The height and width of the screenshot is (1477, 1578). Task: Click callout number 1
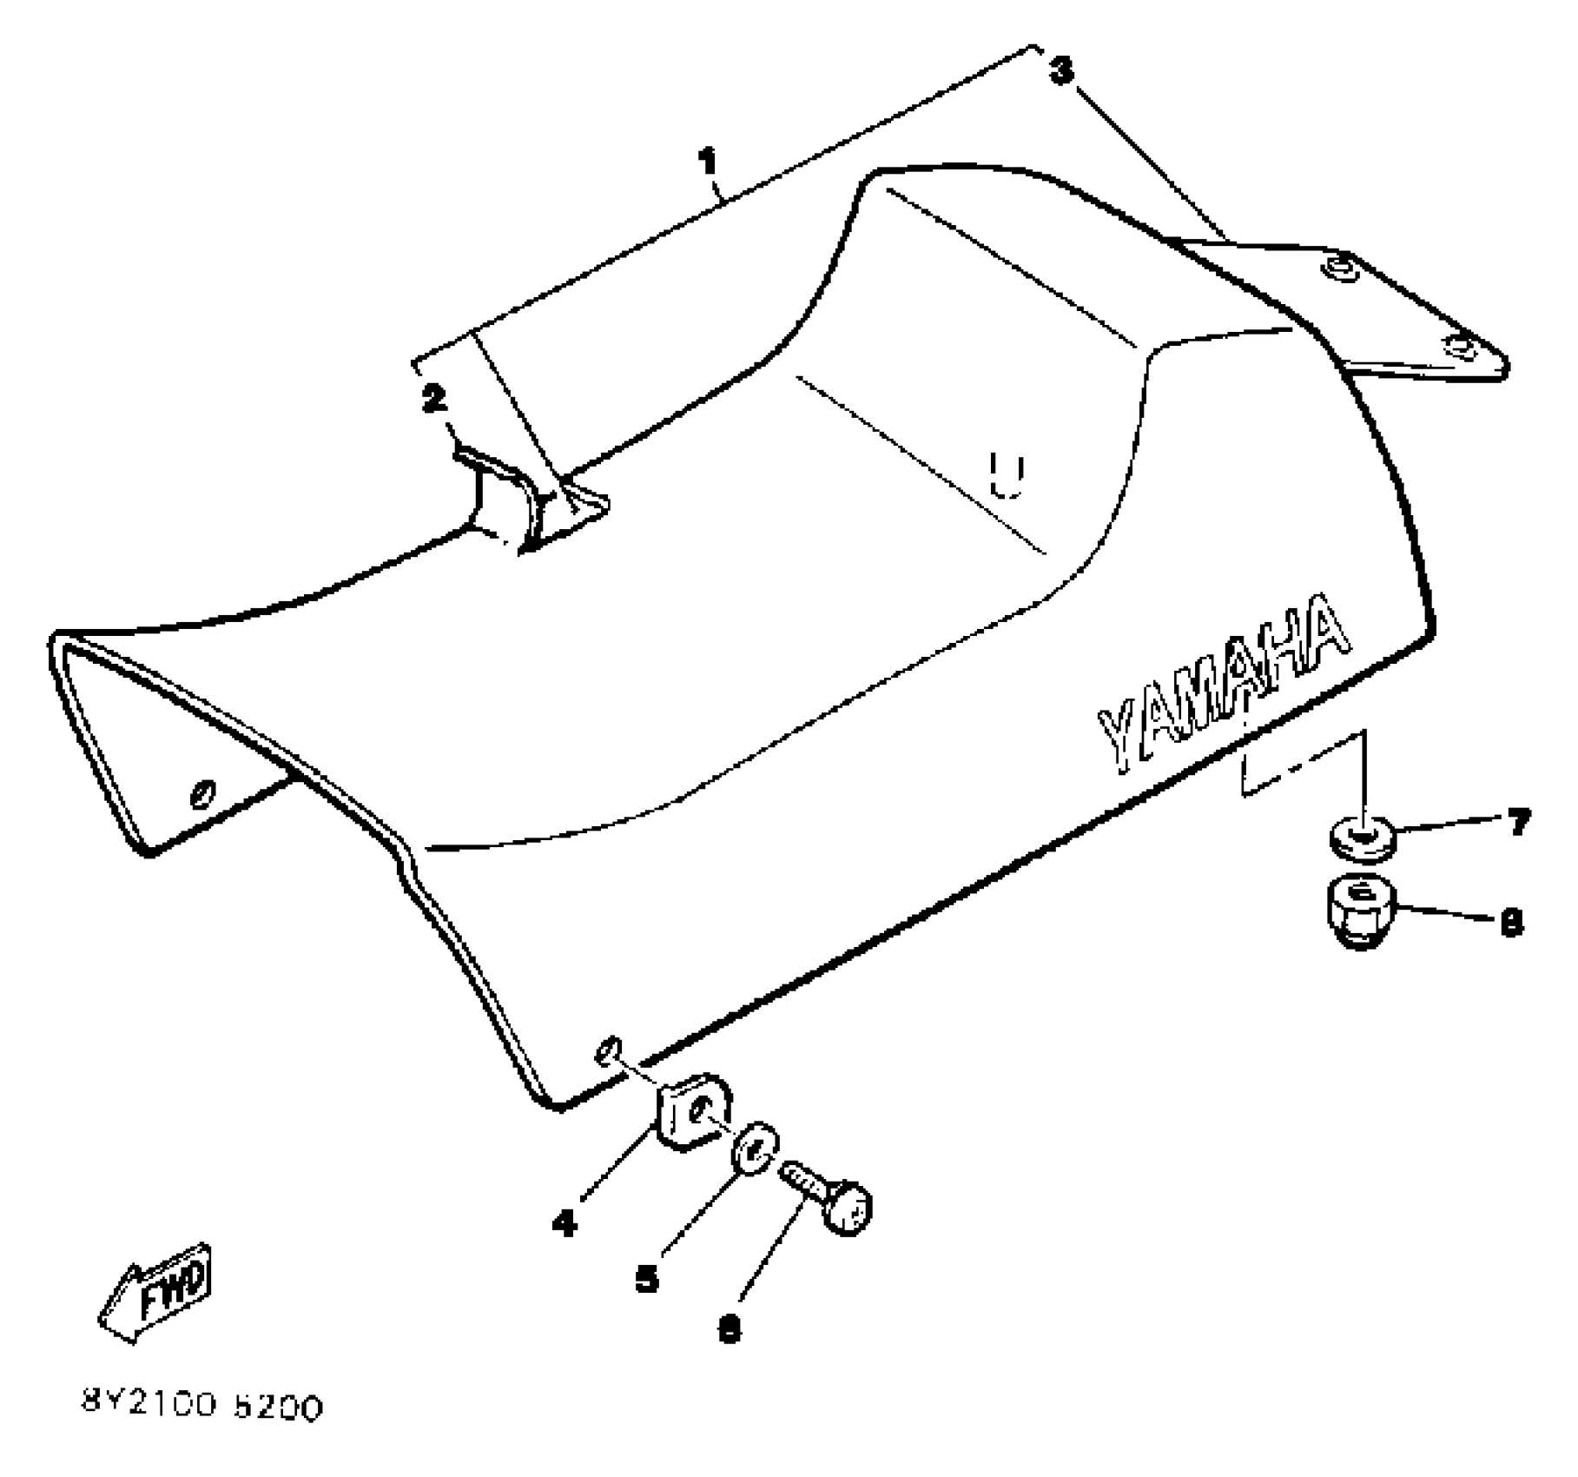coord(709,162)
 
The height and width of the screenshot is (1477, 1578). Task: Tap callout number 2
coord(433,399)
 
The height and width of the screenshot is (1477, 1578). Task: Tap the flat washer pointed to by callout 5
coord(755,1149)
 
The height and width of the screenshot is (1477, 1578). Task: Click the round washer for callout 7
coord(1363,838)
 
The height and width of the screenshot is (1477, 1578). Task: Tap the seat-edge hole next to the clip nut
coord(607,1049)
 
